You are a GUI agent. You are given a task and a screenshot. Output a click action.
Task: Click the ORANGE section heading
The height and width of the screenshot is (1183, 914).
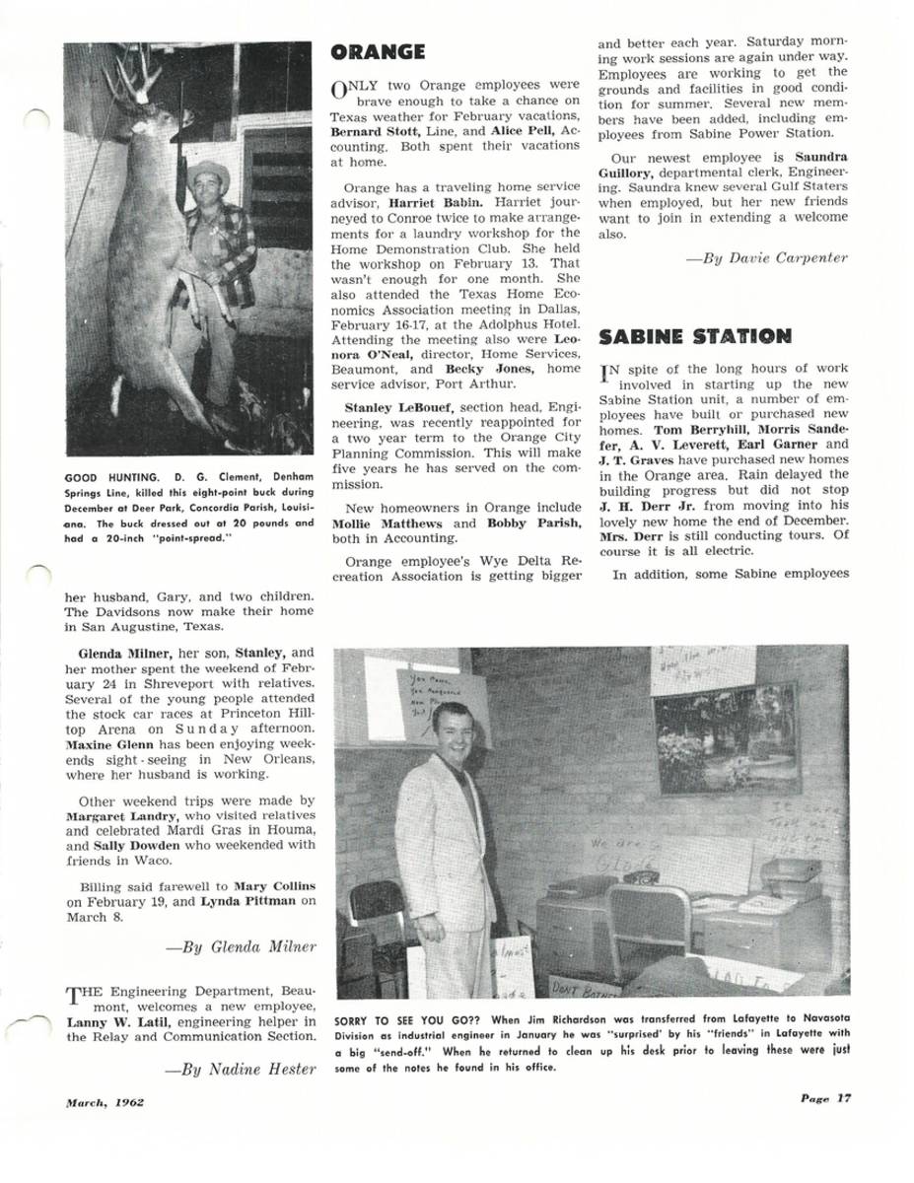(379, 52)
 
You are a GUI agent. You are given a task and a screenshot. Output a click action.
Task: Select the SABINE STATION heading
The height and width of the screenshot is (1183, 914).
(695, 336)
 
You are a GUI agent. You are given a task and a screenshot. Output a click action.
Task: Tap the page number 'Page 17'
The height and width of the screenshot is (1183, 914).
(824, 1099)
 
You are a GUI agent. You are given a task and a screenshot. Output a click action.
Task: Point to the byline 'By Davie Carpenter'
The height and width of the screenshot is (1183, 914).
(766, 258)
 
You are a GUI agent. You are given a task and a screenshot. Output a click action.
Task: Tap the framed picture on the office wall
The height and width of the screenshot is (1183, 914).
(726, 737)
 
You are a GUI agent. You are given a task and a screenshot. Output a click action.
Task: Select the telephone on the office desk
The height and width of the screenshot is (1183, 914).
(641, 875)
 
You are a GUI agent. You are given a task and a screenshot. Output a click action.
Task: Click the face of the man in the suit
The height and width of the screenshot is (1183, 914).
(452, 729)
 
